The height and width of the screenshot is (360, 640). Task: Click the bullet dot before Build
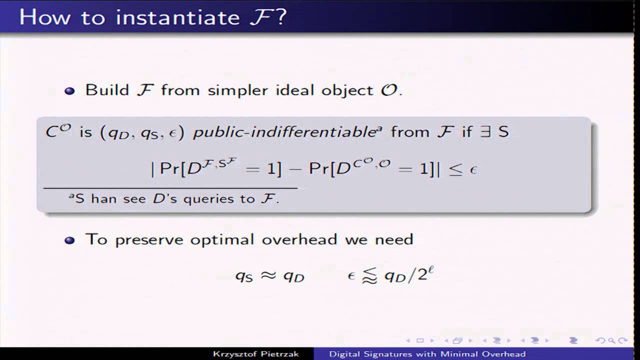coord(70,91)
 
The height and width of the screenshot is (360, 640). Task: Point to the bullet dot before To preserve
coord(70,240)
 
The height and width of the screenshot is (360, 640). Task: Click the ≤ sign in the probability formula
coord(454,169)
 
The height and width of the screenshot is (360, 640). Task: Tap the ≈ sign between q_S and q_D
coord(269,275)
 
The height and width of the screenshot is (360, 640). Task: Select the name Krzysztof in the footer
coord(232,354)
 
